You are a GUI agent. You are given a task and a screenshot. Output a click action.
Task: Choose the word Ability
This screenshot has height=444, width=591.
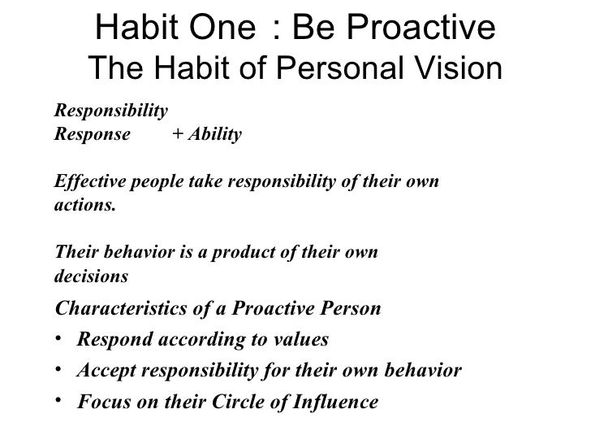(214, 135)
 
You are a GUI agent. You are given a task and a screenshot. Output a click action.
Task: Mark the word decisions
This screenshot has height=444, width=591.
(90, 276)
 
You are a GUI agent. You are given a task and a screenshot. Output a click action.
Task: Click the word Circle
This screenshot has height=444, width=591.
(248, 403)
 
